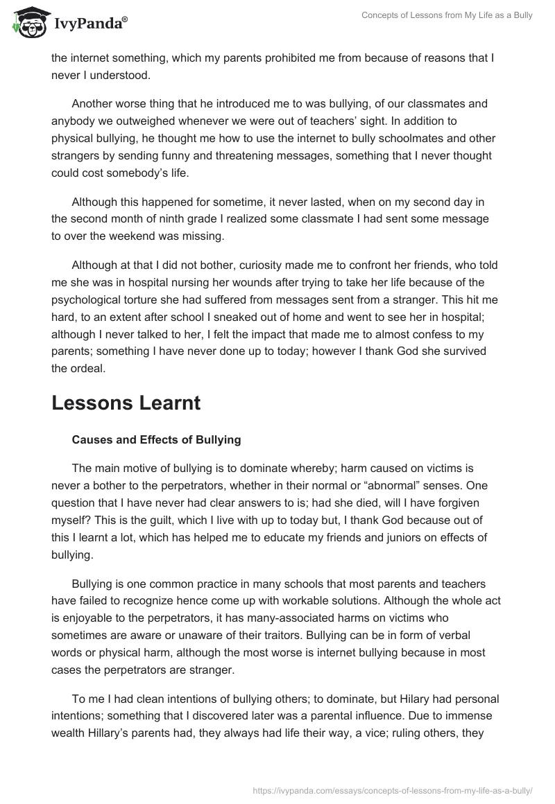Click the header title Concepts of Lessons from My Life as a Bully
point(447,15)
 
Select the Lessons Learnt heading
point(126,403)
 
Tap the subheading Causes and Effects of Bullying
point(156,439)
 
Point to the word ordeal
point(89,369)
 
